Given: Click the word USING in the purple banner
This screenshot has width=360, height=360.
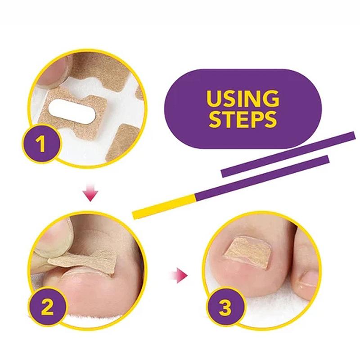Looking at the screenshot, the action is click(x=243, y=99).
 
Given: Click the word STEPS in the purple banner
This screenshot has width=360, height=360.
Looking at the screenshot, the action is click(x=243, y=119).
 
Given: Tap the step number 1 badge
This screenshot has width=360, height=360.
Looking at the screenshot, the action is click(x=41, y=144).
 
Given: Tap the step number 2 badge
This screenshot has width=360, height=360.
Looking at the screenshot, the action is click(x=48, y=307).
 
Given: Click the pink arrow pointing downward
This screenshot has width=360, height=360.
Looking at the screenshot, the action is click(x=90, y=192).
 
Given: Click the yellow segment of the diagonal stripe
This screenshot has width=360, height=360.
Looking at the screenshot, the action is click(x=163, y=207).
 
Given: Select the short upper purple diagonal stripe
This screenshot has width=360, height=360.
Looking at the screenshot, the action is click(x=288, y=154).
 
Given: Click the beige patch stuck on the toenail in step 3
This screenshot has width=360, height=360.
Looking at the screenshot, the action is click(x=247, y=253).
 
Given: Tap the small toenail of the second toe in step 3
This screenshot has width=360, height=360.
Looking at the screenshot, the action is click(x=309, y=279).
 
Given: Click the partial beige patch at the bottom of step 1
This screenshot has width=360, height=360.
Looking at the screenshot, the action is click(x=121, y=142).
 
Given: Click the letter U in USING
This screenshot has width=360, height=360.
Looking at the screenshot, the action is click(x=214, y=99).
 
